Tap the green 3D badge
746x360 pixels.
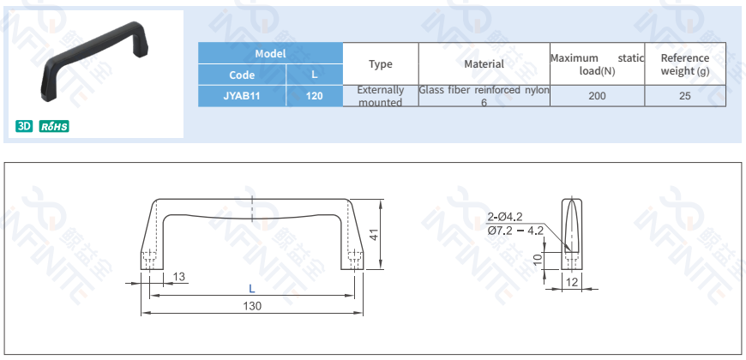click(24, 127)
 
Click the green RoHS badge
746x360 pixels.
click(54, 127)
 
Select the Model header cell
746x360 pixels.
click(270, 53)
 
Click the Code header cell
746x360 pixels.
click(242, 75)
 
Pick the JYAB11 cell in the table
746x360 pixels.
click(242, 96)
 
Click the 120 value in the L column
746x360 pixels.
click(314, 96)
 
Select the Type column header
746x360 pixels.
click(380, 64)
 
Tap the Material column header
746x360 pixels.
click(484, 64)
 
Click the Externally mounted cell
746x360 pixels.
click(380, 96)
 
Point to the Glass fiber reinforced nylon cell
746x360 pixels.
click(484, 96)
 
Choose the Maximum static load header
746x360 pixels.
click(597, 64)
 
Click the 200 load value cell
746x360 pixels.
click(597, 96)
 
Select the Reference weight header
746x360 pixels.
click(684, 64)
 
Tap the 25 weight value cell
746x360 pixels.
click(684, 96)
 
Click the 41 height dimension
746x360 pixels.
click(374, 234)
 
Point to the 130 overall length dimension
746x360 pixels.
click(252, 306)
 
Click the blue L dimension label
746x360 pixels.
click(252, 289)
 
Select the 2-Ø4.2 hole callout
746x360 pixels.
click(505, 217)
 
